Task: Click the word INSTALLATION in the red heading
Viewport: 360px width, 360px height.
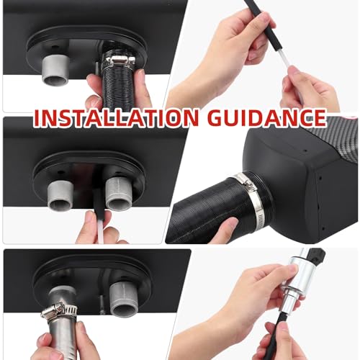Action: coord(117,118)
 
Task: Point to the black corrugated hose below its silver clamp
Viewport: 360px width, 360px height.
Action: coord(118,89)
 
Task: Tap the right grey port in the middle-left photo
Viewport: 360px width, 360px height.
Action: coord(118,193)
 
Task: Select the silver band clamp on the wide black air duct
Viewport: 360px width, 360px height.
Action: coord(251,195)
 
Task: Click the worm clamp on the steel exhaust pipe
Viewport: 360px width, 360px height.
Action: coord(58,312)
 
